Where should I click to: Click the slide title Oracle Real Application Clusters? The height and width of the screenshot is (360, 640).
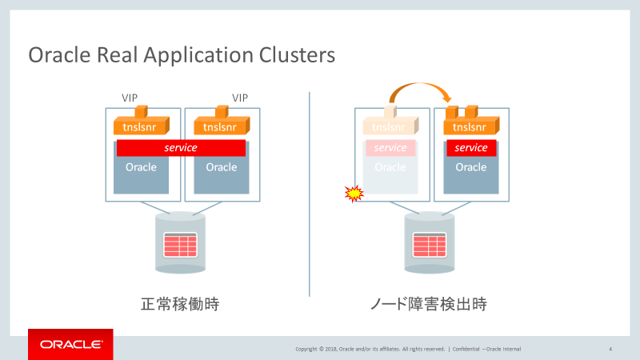tap(182, 55)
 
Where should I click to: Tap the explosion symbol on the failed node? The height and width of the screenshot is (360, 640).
tap(354, 194)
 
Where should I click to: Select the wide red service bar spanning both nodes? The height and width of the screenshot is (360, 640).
tap(181, 148)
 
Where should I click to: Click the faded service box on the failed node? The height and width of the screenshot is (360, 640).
tap(390, 148)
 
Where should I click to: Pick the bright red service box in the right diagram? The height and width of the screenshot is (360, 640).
tap(470, 148)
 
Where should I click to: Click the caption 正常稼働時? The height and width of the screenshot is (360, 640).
tap(180, 304)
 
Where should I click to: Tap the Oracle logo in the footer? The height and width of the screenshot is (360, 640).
tap(71, 345)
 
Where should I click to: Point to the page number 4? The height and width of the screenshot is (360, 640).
tap(610, 349)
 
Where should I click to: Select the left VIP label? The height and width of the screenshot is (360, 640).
tap(130, 98)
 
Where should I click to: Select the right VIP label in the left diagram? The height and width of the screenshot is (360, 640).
tap(240, 98)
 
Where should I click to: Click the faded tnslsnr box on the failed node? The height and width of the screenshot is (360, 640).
tap(389, 126)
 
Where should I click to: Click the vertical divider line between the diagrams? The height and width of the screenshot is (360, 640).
tap(310, 192)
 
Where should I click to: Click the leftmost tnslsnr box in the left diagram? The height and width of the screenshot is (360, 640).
tap(140, 126)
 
